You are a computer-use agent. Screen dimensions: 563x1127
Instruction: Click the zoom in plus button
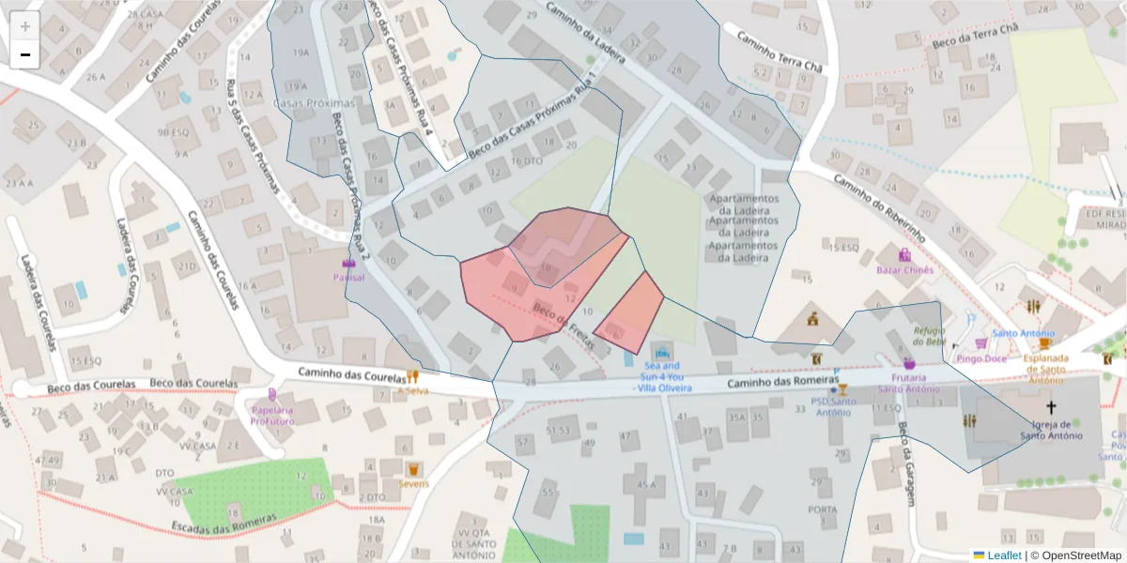25,26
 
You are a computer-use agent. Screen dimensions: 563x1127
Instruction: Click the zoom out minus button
25,54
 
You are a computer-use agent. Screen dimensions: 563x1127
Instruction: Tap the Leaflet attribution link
1003,555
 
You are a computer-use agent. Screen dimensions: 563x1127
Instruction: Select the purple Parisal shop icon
349,264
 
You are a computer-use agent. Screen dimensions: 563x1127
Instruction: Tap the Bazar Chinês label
904,270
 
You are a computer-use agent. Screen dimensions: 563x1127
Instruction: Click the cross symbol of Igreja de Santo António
1051,407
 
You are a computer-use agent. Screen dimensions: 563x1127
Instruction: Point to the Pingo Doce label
981,358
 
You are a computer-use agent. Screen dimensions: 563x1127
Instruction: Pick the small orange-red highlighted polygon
631,312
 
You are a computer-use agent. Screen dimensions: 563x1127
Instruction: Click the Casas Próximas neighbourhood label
314,102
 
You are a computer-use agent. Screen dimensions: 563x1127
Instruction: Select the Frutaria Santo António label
908,383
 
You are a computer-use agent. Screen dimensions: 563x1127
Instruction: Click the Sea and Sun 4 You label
662,376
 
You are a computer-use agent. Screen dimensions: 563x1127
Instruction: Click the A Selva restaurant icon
412,376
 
